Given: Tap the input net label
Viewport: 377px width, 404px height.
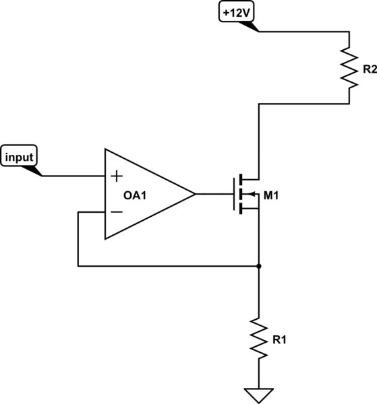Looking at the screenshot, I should (20, 157).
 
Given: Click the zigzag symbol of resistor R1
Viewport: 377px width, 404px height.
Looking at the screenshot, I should (259, 338).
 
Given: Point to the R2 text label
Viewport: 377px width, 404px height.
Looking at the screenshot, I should (369, 69).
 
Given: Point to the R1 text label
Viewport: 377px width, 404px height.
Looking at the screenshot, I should (279, 339).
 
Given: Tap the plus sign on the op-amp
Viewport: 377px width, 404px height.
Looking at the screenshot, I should (117, 176).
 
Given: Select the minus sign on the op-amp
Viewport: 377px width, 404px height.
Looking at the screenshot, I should (117, 212).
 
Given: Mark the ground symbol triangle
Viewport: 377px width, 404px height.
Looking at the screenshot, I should (259, 393).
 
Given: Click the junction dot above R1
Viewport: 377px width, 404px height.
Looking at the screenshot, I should (259, 266).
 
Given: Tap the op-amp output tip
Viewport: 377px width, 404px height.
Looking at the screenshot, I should (195, 195).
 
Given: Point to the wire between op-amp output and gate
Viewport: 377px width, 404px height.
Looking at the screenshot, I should (214, 195).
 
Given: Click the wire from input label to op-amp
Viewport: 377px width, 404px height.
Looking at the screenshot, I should (74, 176).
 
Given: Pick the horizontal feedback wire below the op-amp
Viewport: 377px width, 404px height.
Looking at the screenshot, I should (169, 266).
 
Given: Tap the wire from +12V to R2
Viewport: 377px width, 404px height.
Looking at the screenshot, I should (303, 31).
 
